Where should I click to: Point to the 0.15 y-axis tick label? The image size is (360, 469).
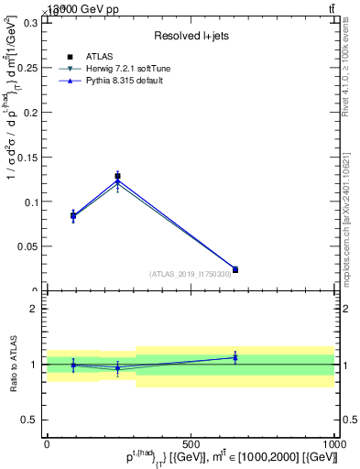click(27, 157)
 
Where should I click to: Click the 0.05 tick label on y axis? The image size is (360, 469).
click(27, 246)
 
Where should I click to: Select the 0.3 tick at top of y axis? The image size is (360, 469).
click(30, 22)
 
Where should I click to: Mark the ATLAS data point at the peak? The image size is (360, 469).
click(117, 176)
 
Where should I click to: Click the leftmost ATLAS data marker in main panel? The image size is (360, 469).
click(73, 216)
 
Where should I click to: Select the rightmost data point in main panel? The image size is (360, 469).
click(235, 269)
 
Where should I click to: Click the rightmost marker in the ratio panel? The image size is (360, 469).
click(235, 357)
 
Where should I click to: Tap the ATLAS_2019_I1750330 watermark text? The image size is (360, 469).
click(191, 274)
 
